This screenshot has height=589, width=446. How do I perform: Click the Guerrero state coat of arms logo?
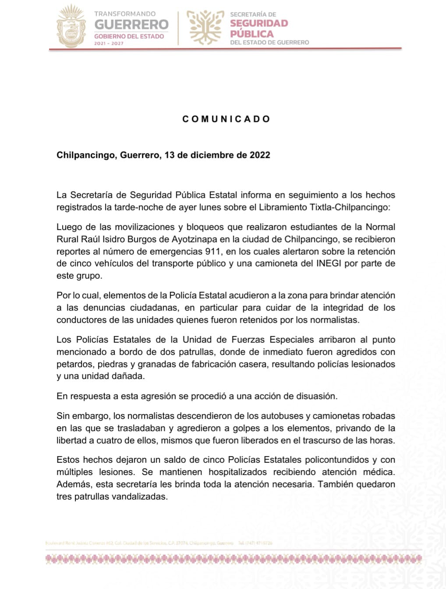click(71, 26)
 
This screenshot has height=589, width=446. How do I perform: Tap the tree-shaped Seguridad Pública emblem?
click(205, 27)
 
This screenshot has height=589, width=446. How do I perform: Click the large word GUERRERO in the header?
click(131, 25)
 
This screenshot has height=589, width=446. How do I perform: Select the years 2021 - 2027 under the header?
click(109, 43)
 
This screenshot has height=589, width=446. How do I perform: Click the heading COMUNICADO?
click(226, 119)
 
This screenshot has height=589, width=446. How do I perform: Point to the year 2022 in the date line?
click(260, 155)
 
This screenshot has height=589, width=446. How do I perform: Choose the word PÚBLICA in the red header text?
click(252, 34)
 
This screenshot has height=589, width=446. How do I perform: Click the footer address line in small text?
click(139, 543)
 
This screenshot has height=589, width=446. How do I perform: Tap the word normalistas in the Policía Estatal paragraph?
click(334, 320)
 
